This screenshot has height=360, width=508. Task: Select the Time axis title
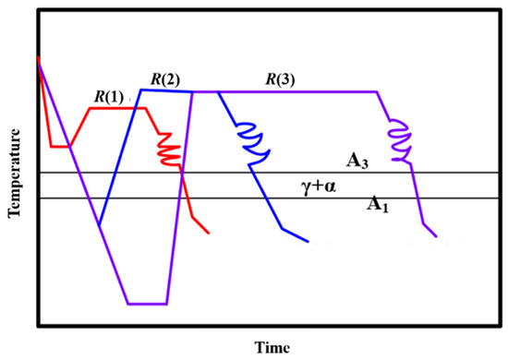click(x=274, y=348)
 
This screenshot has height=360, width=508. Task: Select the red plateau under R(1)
click(x=117, y=108)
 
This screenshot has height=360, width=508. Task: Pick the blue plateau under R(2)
click(x=166, y=90)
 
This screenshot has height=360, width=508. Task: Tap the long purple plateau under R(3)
click(x=296, y=91)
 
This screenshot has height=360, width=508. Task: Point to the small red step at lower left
click(x=59, y=146)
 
